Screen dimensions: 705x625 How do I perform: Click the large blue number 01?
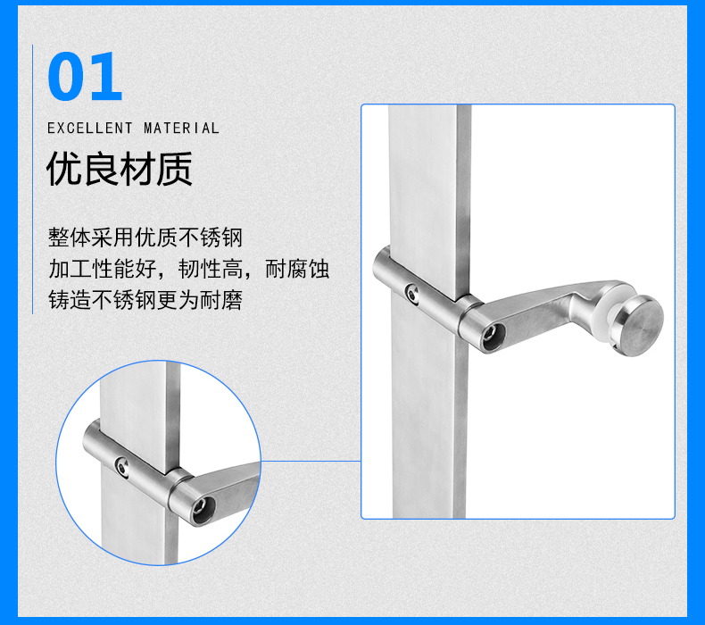point(85,76)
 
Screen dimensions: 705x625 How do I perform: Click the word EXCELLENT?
point(90,129)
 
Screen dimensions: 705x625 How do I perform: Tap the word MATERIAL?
point(181,129)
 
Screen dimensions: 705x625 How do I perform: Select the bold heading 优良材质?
point(120,169)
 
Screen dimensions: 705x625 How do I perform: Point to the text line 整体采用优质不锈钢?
point(145,237)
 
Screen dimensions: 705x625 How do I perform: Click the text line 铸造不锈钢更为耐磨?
point(145,300)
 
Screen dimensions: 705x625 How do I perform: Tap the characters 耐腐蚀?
point(297,269)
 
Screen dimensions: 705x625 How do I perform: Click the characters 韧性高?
point(211,269)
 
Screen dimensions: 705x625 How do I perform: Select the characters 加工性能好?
point(102,269)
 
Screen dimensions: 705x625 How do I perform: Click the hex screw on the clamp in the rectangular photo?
point(413,295)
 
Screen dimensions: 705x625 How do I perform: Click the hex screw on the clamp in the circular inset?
point(122,467)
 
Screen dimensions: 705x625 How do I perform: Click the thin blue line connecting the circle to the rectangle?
point(311,461)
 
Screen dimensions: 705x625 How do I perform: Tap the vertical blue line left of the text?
point(32,179)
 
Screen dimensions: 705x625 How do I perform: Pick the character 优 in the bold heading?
point(64,169)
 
